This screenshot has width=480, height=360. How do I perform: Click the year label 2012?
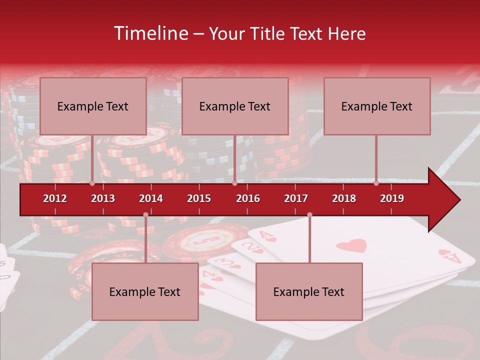tap(55, 198)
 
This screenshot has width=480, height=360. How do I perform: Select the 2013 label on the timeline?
tap(103, 198)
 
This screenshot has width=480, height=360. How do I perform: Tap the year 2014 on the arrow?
tap(151, 198)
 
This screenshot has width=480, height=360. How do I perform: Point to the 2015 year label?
tap(199, 198)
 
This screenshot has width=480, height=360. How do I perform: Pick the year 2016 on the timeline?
tap(248, 198)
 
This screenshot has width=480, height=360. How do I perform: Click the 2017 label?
tap(296, 198)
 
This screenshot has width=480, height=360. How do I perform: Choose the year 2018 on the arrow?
tap(344, 198)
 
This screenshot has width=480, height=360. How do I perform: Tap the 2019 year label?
tap(392, 198)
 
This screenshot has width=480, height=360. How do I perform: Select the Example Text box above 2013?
tap(93, 106)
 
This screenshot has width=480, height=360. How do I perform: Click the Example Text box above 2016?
tap(235, 106)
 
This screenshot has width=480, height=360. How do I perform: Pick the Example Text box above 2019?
tap(377, 106)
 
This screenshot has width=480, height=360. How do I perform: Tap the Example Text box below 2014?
tap(145, 292)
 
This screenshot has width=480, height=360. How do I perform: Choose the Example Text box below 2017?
tap(309, 292)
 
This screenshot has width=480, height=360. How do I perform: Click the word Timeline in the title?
tap(150, 33)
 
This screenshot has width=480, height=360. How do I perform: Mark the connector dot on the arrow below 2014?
tap(145, 215)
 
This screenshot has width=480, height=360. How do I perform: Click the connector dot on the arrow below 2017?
tap(309, 215)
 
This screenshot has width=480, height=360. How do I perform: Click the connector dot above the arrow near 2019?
tap(376, 183)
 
